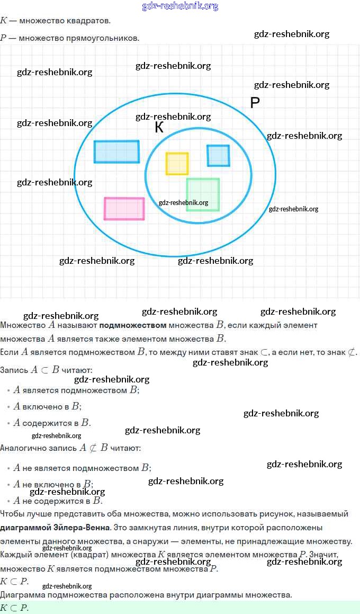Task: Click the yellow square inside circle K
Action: tap(177, 164)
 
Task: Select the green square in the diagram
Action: tap(203, 194)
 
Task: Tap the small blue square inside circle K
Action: tap(218, 155)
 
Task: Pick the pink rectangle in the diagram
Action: tap(124, 208)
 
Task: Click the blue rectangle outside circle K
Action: tap(116, 152)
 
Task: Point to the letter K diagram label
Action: tap(159, 128)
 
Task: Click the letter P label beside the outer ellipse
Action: tap(255, 103)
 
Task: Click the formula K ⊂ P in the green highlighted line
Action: tap(14, 608)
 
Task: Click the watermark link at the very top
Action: tap(180, 6)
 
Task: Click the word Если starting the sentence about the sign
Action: tap(10, 352)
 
